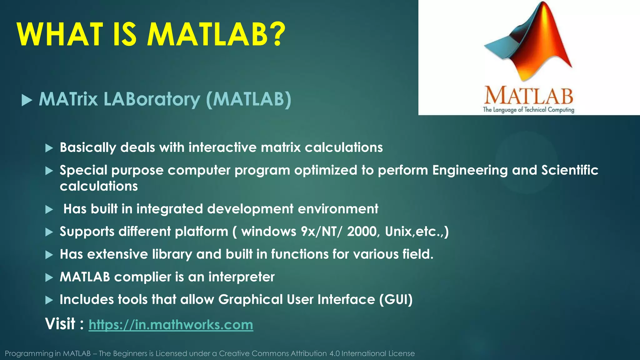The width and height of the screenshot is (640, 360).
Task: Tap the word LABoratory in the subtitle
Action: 152,99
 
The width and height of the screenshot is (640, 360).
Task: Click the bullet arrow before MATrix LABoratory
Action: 27,101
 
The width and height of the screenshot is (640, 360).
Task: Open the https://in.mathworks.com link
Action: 171,325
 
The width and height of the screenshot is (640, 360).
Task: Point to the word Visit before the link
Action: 60,324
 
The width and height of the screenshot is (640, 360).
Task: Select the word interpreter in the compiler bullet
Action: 241,277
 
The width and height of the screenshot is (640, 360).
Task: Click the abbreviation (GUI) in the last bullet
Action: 396,299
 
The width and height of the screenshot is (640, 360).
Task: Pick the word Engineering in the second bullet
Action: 470,170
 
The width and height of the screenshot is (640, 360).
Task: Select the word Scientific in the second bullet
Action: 569,170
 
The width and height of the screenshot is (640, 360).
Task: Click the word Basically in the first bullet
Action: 88,147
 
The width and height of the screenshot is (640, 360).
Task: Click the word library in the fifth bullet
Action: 172,254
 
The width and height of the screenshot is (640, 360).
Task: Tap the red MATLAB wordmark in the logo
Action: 528,96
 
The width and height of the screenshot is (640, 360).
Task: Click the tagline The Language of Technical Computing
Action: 528,110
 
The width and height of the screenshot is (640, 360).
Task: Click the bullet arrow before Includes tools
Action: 49,300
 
